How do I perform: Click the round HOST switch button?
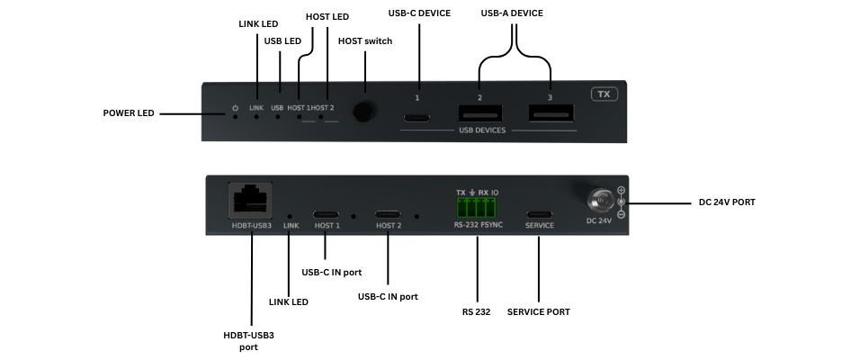point(364,112)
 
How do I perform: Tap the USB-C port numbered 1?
point(417,117)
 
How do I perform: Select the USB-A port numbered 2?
point(480,113)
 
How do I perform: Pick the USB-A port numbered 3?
point(550,113)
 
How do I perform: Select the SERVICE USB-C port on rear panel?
point(540,215)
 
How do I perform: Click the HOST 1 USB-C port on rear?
point(326,215)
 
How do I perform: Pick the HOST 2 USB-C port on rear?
point(389,215)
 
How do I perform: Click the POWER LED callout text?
point(129,113)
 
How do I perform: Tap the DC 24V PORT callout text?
point(727,202)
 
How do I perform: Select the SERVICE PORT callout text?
point(538,312)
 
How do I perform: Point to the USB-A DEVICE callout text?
point(512,13)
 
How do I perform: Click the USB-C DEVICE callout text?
point(418,13)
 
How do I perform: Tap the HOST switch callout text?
point(365,40)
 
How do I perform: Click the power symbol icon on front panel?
point(235,107)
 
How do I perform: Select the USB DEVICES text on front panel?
point(484,130)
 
